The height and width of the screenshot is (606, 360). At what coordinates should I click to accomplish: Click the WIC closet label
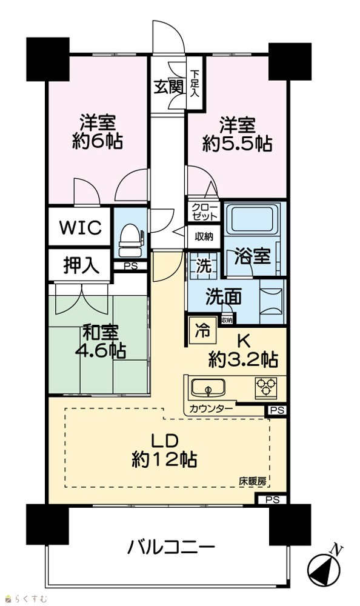[x=80, y=227]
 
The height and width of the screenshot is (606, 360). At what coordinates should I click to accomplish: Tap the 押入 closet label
[x=81, y=265]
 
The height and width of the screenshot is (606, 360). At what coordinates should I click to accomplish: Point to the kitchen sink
[x=208, y=388]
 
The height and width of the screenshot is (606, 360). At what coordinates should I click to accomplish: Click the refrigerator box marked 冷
[x=202, y=331]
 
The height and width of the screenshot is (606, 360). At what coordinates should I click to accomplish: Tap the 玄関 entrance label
[x=168, y=87]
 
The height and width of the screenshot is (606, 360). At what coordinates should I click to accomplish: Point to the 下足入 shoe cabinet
[x=195, y=82]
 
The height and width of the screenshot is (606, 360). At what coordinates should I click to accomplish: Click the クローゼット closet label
[x=204, y=211]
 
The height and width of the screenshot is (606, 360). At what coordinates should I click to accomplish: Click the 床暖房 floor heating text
[x=252, y=481]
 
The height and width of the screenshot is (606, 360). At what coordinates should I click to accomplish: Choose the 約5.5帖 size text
[x=237, y=145]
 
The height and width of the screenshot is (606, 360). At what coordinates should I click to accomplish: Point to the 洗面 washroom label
[x=224, y=298]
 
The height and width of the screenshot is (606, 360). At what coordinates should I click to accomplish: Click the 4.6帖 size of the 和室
[x=100, y=352]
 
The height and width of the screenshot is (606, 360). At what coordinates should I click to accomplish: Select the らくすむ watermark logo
[x=24, y=599]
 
